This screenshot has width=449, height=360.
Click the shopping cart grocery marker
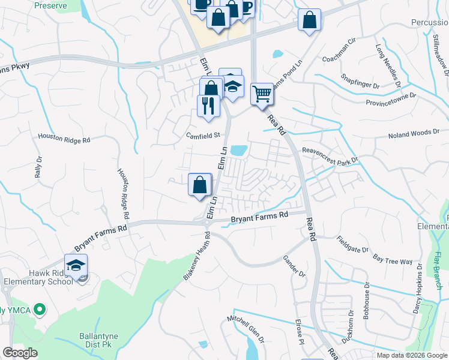point(262,94)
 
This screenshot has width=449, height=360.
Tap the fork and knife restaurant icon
point(208,106)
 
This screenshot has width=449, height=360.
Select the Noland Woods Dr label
point(418,134)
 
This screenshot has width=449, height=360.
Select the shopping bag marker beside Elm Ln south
point(200,185)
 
